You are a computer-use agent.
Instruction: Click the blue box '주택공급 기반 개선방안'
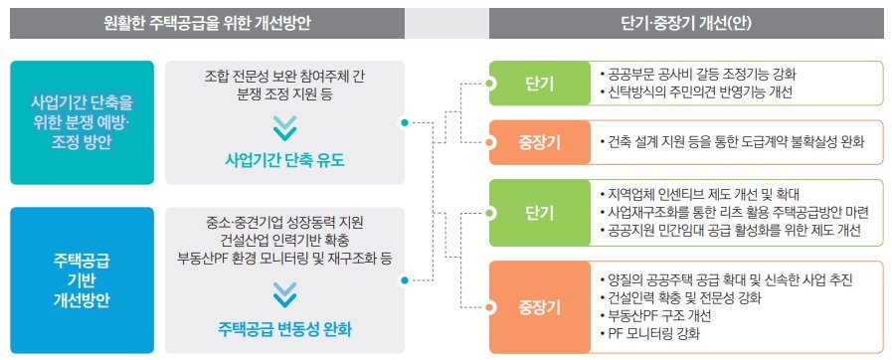(81, 280)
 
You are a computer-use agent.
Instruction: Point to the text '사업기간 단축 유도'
(283, 161)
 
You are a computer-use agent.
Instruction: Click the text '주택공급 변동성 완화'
(283, 328)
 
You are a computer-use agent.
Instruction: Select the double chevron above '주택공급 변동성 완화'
(283, 293)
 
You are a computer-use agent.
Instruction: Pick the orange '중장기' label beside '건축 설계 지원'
(537, 142)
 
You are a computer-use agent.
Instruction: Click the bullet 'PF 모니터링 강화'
(656, 334)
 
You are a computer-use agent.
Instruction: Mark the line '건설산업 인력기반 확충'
(283, 241)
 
